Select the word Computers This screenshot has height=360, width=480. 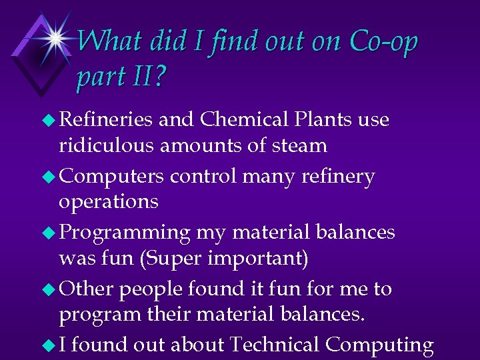click(x=111, y=177)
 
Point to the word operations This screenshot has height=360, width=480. click(x=109, y=202)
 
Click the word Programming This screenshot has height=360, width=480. click(x=125, y=233)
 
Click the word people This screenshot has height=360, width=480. click(x=149, y=289)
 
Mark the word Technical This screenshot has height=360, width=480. click(x=274, y=345)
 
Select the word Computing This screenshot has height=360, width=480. click(x=379, y=346)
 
